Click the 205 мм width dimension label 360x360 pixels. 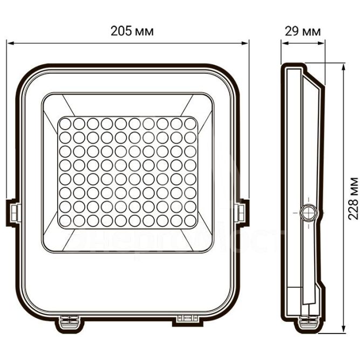tap(132, 31)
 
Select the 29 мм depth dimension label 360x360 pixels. tap(302, 31)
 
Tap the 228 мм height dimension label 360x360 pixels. tap(352, 198)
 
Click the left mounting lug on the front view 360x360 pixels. tap(13, 212)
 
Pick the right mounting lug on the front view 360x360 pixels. tap(242, 212)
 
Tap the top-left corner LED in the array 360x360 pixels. tap(65, 124)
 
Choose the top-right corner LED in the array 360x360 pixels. tap(189, 124)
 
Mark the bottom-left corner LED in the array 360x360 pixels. tap(65, 220)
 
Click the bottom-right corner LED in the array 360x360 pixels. tap(189, 220)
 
